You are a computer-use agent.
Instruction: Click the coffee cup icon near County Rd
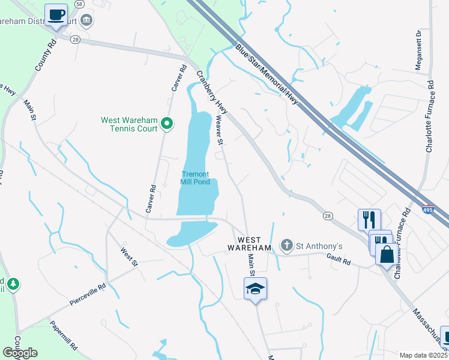[56, 14]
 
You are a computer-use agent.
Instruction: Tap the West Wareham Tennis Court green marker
[168, 124]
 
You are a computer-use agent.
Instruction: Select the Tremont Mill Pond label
[196, 178]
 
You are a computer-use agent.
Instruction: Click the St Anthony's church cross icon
[287, 245]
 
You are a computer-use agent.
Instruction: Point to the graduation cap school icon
[256, 289]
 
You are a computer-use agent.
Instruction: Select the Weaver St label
[220, 131]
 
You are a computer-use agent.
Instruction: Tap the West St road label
[129, 257]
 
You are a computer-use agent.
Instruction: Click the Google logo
[20, 353]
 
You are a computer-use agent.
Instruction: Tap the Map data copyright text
[423, 355]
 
